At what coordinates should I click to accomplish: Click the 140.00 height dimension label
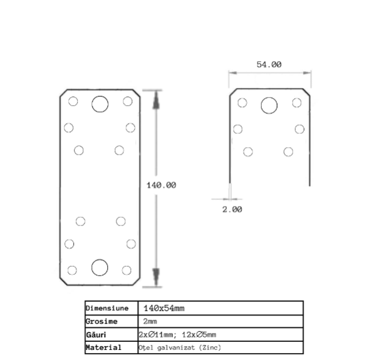(x=161, y=185)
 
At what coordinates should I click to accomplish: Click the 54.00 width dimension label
(x=269, y=64)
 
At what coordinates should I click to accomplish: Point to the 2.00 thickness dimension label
(x=232, y=210)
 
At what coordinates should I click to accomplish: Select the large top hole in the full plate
(x=100, y=104)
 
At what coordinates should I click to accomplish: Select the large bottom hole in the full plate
(x=100, y=267)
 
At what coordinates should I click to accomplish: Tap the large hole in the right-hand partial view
(x=269, y=105)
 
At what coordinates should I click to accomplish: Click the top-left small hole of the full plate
(x=73, y=101)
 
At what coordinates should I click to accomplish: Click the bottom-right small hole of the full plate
(x=127, y=270)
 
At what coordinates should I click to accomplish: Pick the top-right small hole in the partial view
(x=297, y=103)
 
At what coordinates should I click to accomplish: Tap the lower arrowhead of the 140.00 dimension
(x=156, y=277)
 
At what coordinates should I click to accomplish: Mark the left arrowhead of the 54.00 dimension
(x=233, y=73)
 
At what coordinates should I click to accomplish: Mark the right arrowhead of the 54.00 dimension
(x=307, y=73)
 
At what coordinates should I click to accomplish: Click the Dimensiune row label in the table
(x=107, y=308)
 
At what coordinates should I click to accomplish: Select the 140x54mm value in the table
(x=164, y=308)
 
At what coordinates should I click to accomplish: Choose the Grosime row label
(x=101, y=321)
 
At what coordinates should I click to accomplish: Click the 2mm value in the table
(x=150, y=321)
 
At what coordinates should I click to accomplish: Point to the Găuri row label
(x=96, y=334)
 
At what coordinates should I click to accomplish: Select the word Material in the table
(x=103, y=347)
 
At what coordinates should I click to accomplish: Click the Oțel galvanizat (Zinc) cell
(x=180, y=347)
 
